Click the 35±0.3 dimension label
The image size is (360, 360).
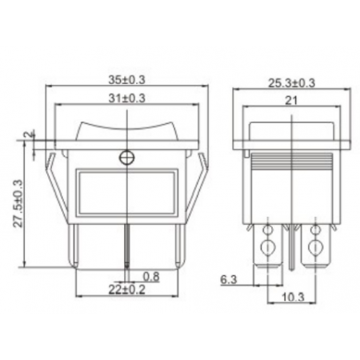coord(126,80)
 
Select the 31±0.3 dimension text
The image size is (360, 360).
coord(126,98)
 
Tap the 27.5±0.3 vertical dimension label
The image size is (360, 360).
coord(18,203)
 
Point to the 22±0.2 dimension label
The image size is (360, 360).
coord(126,290)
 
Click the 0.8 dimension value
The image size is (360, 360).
coord(151,277)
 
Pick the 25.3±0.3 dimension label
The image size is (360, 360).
coord(291,83)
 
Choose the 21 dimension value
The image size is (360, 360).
coord(291,101)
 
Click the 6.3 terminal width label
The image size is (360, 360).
coord(229,280)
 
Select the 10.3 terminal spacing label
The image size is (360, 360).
coord(293,297)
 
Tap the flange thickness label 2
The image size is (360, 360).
coord(29,134)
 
